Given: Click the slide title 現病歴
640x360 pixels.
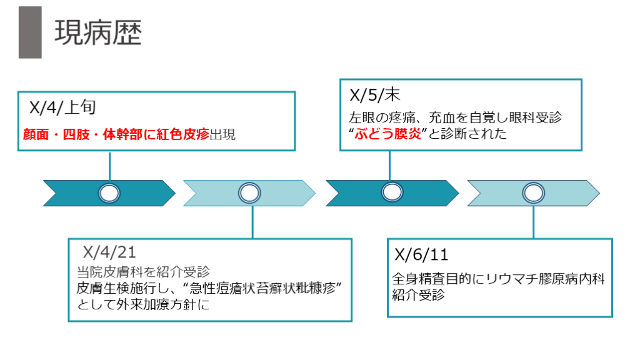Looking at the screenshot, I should tap(97, 32).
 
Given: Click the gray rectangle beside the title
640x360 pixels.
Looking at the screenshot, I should tap(30, 32).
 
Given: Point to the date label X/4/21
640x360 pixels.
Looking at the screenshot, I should tap(110, 252).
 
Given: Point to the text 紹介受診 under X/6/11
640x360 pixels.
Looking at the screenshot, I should tap(418, 295).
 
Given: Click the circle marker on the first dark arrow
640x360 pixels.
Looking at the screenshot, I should tap(109, 193).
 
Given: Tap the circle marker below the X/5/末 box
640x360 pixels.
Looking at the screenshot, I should tap(392, 193).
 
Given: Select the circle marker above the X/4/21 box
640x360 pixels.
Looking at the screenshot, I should tap(250, 193).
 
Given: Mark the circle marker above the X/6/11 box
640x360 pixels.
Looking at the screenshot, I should tap(534, 193).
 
